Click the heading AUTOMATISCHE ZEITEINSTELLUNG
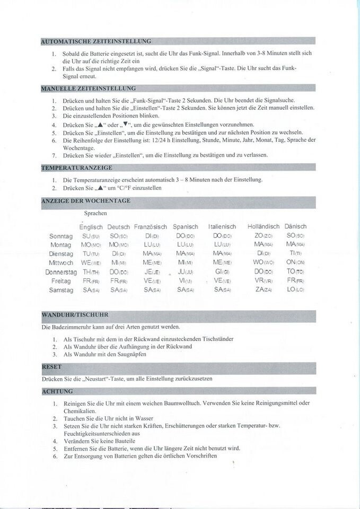[96, 41]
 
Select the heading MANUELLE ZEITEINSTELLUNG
[88, 88]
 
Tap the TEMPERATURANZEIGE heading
[76, 168]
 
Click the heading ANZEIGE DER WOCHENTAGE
[85, 201]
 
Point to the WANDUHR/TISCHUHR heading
[75, 315]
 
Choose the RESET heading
[51, 366]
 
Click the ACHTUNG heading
[57, 391]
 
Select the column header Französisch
[151, 226]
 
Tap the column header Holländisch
[263, 226]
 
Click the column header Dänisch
[295, 226]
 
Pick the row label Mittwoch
[60, 263]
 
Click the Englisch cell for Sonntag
[91, 236]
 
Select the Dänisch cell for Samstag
[295, 290]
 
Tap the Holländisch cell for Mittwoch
[264, 263]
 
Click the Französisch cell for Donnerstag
[152, 272]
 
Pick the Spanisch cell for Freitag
[185, 281]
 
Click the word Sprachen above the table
[95, 213]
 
